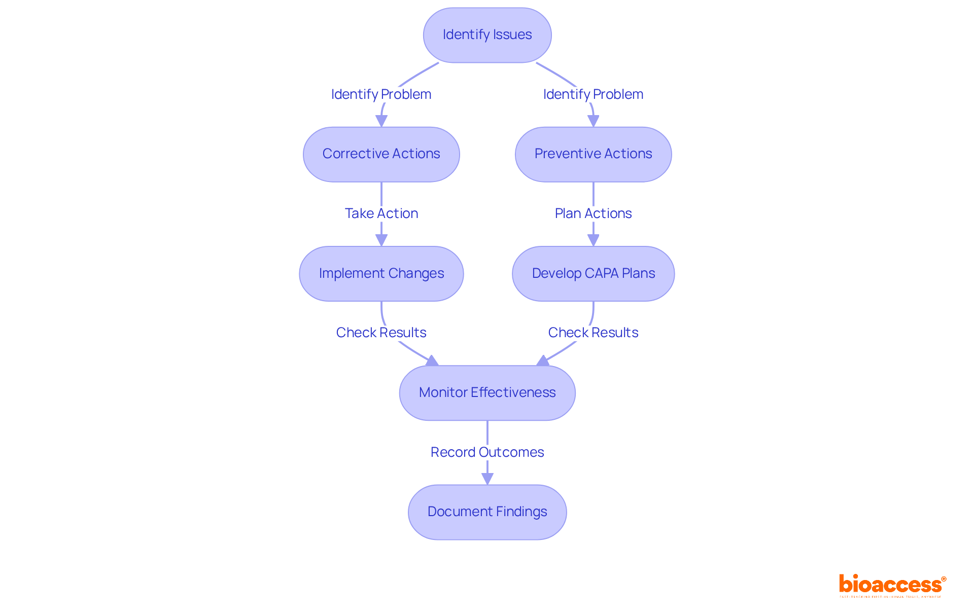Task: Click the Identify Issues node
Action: pyautogui.click(x=487, y=35)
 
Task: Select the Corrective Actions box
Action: pyautogui.click(x=381, y=154)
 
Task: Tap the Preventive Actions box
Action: pyautogui.click(x=593, y=154)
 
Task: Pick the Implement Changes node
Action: pyautogui.click(x=381, y=274)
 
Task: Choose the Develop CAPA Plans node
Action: pyautogui.click(x=593, y=274)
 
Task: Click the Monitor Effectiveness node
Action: pyautogui.click(x=487, y=393)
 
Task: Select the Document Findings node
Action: pyautogui.click(x=487, y=512)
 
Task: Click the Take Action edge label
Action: pyautogui.click(x=381, y=213)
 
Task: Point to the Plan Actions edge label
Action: pyautogui.click(x=593, y=213)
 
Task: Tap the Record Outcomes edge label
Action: pyautogui.click(x=487, y=452)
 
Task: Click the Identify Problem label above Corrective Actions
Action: pyautogui.click(x=381, y=94)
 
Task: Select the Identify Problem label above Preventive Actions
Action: pyautogui.click(x=593, y=94)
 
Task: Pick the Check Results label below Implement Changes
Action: pyautogui.click(x=381, y=333)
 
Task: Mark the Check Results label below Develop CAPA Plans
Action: pyautogui.click(x=593, y=333)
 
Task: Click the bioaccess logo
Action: pyautogui.click(x=892, y=585)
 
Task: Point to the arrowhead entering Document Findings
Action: pyautogui.click(x=487, y=479)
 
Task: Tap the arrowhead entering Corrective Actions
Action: pyautogui.click(x=381, y=121)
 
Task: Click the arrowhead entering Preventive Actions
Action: pyautogui.click(x=593, y=121)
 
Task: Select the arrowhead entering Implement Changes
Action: pyautogui.click(x=381, y=240)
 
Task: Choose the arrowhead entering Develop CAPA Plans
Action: pyautogui.click(x=593, y=240)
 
